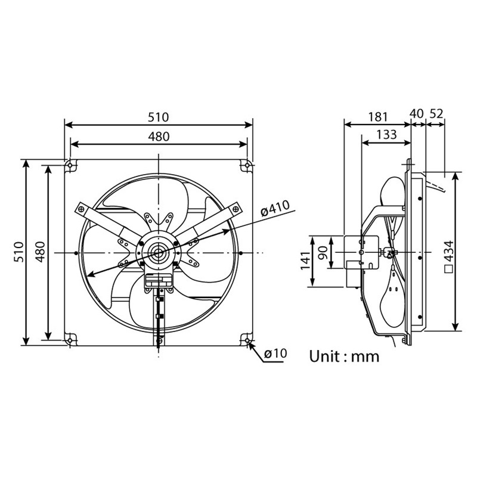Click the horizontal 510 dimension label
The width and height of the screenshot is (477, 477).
point(158,117)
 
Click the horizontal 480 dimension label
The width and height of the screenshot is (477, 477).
point(159,137)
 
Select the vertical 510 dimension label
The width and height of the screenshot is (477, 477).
point(19,252)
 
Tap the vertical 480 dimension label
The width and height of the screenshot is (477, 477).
point(40,252)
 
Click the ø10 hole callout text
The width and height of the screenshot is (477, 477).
point(275,354)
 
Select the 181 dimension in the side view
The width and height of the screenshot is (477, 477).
point(378,117)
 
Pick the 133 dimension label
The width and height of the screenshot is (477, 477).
point(386,135)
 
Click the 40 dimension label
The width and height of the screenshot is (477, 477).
point(416,113)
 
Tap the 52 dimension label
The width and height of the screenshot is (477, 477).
point(436,113)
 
